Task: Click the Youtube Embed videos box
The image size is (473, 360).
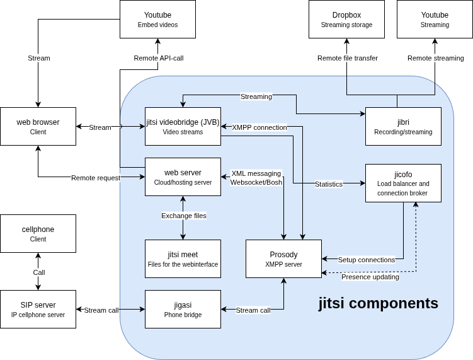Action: click(157, 19)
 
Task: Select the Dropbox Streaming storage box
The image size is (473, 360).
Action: click(346, 19)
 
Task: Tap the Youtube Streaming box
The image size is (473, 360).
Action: click(435, 19)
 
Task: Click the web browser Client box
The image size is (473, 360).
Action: click(38, 126)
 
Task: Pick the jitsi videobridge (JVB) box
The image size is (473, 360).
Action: click(183, 126)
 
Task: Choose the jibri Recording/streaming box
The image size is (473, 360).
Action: click(403, 126)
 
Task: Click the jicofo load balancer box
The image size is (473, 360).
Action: click(403, 183)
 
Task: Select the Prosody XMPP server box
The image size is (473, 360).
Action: click(283, 258)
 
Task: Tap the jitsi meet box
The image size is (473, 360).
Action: click(183, 258)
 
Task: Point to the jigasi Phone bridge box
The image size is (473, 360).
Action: click(183, 309)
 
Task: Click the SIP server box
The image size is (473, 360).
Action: click(38, 309)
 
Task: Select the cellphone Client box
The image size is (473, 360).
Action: click(38, 233)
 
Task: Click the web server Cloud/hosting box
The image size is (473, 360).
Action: click(183, 177)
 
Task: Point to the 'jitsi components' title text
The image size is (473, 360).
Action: click(378, 303)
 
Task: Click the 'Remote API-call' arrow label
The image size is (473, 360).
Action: click(159, 58)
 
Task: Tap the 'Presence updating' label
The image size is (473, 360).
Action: click(370, 277)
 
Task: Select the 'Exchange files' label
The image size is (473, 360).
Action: click(184, 216)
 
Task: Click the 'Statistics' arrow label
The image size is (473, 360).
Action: click(329, 184)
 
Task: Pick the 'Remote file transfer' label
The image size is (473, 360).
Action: click(348, 58)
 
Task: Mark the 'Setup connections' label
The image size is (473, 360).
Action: click(367, 260)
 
